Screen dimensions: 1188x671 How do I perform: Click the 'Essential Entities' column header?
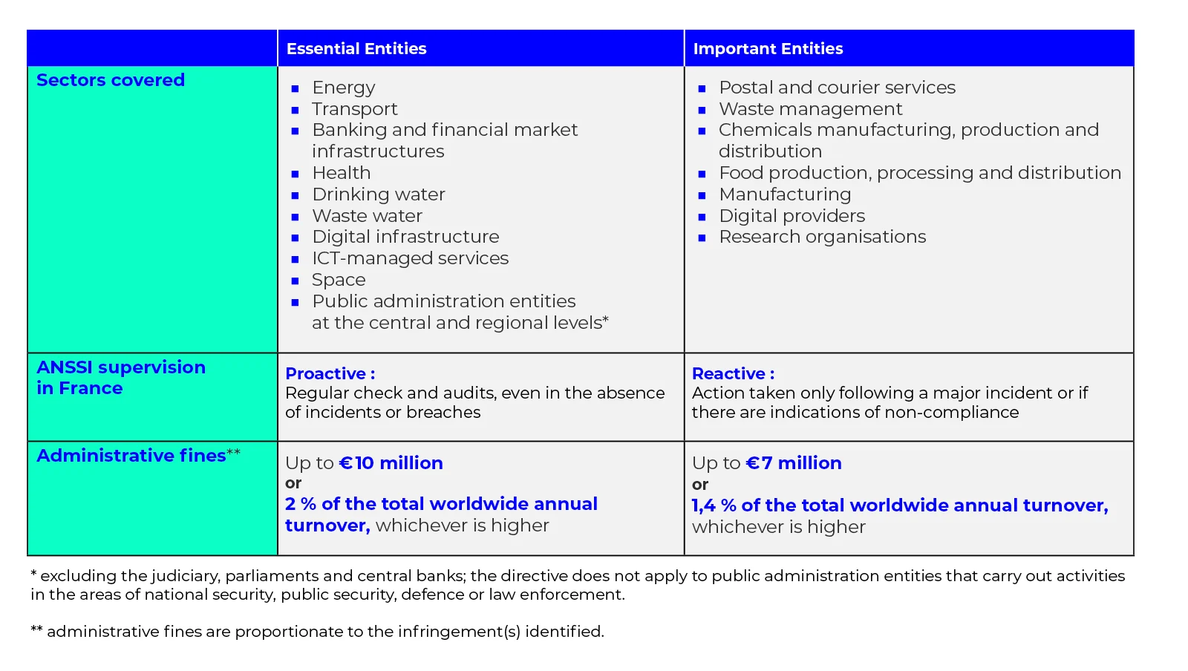(x=356, y=49)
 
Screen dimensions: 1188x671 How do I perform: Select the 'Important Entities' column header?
(x=768, y=49)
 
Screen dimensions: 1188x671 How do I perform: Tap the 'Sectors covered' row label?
(x=111, y=80)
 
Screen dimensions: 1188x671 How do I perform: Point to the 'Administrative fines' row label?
(x=131, y=456)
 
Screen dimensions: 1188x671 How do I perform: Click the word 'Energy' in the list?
(x=344, y=88)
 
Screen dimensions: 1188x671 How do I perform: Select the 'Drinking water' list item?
(x=379, y=194)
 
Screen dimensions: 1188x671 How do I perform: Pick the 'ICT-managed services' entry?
(x=411, y=258)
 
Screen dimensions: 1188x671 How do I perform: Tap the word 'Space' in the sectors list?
(x=339, y=280)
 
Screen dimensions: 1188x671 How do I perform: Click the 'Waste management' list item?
(x=810, y=109)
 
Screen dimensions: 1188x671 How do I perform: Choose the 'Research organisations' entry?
(x=823, y=237)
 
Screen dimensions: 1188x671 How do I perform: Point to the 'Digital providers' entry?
(x=792, y=216)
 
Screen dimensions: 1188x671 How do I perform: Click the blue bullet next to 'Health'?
(x=296, y=174)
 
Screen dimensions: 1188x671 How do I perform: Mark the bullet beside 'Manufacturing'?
(x=702, y=195)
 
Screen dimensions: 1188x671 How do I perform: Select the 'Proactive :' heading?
(x=330, y=373)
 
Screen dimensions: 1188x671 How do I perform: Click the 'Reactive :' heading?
(x=734, y=373)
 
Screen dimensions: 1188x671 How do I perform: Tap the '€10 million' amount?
(x=391, y=463)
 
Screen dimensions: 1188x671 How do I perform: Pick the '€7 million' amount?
(x=794, y=463)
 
